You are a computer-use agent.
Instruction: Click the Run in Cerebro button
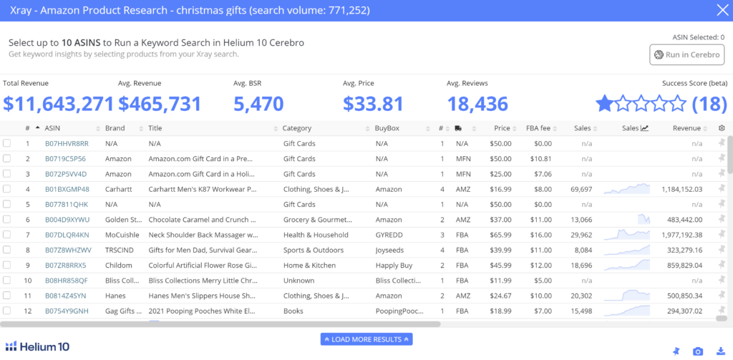[686, 54]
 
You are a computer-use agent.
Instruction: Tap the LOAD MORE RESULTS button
[366, 339]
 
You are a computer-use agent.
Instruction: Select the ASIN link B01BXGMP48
[67, 190]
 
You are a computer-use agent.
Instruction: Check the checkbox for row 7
[6, 235]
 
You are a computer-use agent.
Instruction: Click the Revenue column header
[686, 128]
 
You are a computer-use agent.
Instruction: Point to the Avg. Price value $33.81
[373, 104]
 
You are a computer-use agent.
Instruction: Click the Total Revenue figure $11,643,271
[59, 104]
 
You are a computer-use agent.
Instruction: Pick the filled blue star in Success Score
[604, 103]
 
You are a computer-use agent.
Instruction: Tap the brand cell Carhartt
[119, 190]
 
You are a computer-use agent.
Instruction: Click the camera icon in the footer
[698, 351]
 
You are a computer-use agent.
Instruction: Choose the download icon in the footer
[720, 351]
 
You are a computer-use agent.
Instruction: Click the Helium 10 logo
[37, 346]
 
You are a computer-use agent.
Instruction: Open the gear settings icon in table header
[722, 128]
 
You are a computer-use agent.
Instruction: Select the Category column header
[297, 128]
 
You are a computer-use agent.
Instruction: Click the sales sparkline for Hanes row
[626, 296]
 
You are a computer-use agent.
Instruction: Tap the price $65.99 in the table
[500, 235]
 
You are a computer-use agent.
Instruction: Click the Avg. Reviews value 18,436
[477, 104]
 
